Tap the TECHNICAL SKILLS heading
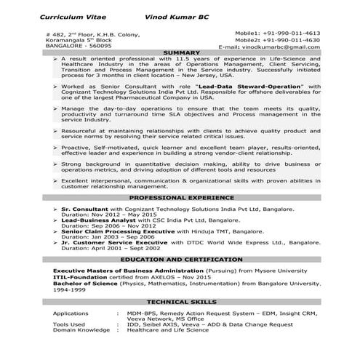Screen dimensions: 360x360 click(x=182, y=301)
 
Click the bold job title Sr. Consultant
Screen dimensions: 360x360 click(x=85, y=209)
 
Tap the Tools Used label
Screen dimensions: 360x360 click(x=69, y=324)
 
